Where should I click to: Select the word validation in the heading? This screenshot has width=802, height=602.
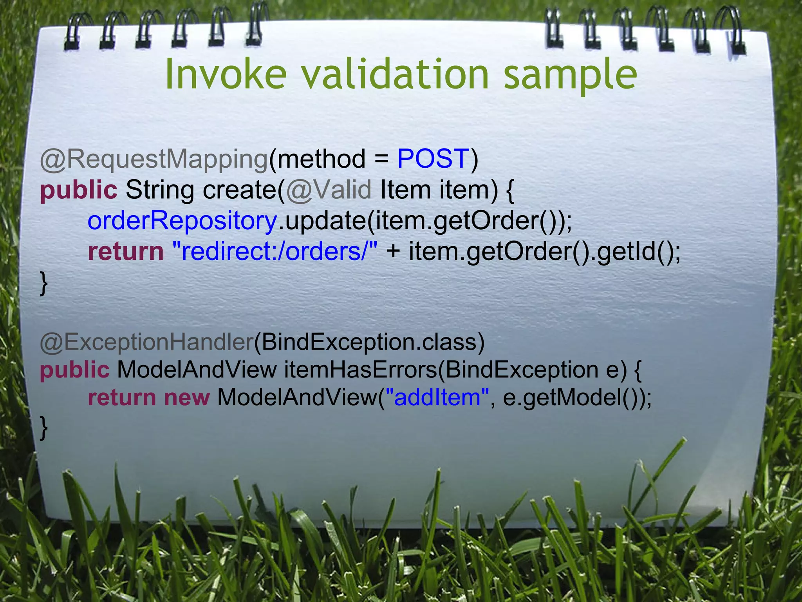click(396, 74)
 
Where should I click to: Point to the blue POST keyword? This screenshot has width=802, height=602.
click(433, 159)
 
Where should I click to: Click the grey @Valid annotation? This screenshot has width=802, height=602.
click(329, 190)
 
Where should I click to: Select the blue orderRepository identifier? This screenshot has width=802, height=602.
click(182, 221)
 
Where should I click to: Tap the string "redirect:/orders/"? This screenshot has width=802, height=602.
click(275, 251)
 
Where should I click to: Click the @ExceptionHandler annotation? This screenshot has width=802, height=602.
click(147, 342)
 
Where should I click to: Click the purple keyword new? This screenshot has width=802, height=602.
click(187, 397)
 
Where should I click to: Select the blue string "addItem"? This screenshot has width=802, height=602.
click(437, 397)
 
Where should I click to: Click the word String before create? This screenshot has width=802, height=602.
click(160, 190)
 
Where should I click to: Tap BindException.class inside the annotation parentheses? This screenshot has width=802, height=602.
click(368, 342)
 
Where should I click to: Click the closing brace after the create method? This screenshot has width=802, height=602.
click(44, 283)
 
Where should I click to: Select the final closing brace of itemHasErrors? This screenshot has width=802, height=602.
click(44, 428)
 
